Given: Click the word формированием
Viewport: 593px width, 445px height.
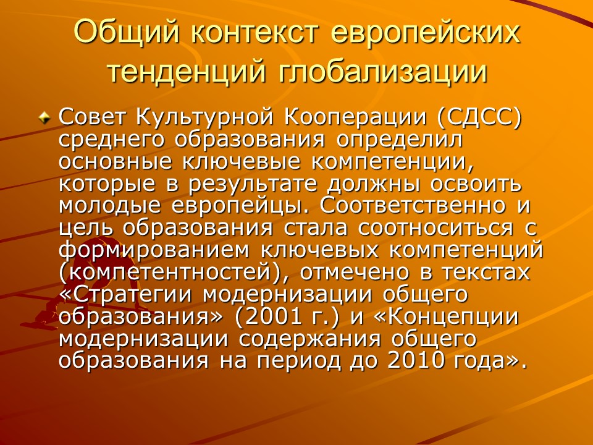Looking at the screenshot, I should (141, 250).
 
